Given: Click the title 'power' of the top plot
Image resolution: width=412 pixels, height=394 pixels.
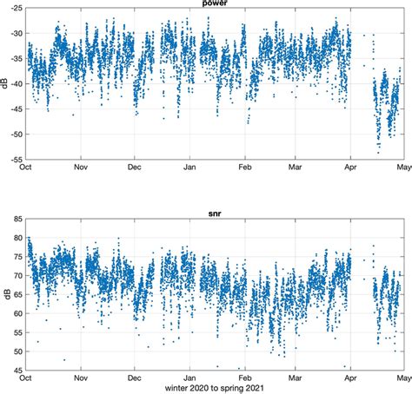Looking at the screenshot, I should point(217,3).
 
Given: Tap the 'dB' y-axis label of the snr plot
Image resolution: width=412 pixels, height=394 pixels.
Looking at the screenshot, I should point(4,292).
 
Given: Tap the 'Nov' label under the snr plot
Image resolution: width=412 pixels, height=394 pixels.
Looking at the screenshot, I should point(81,378).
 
